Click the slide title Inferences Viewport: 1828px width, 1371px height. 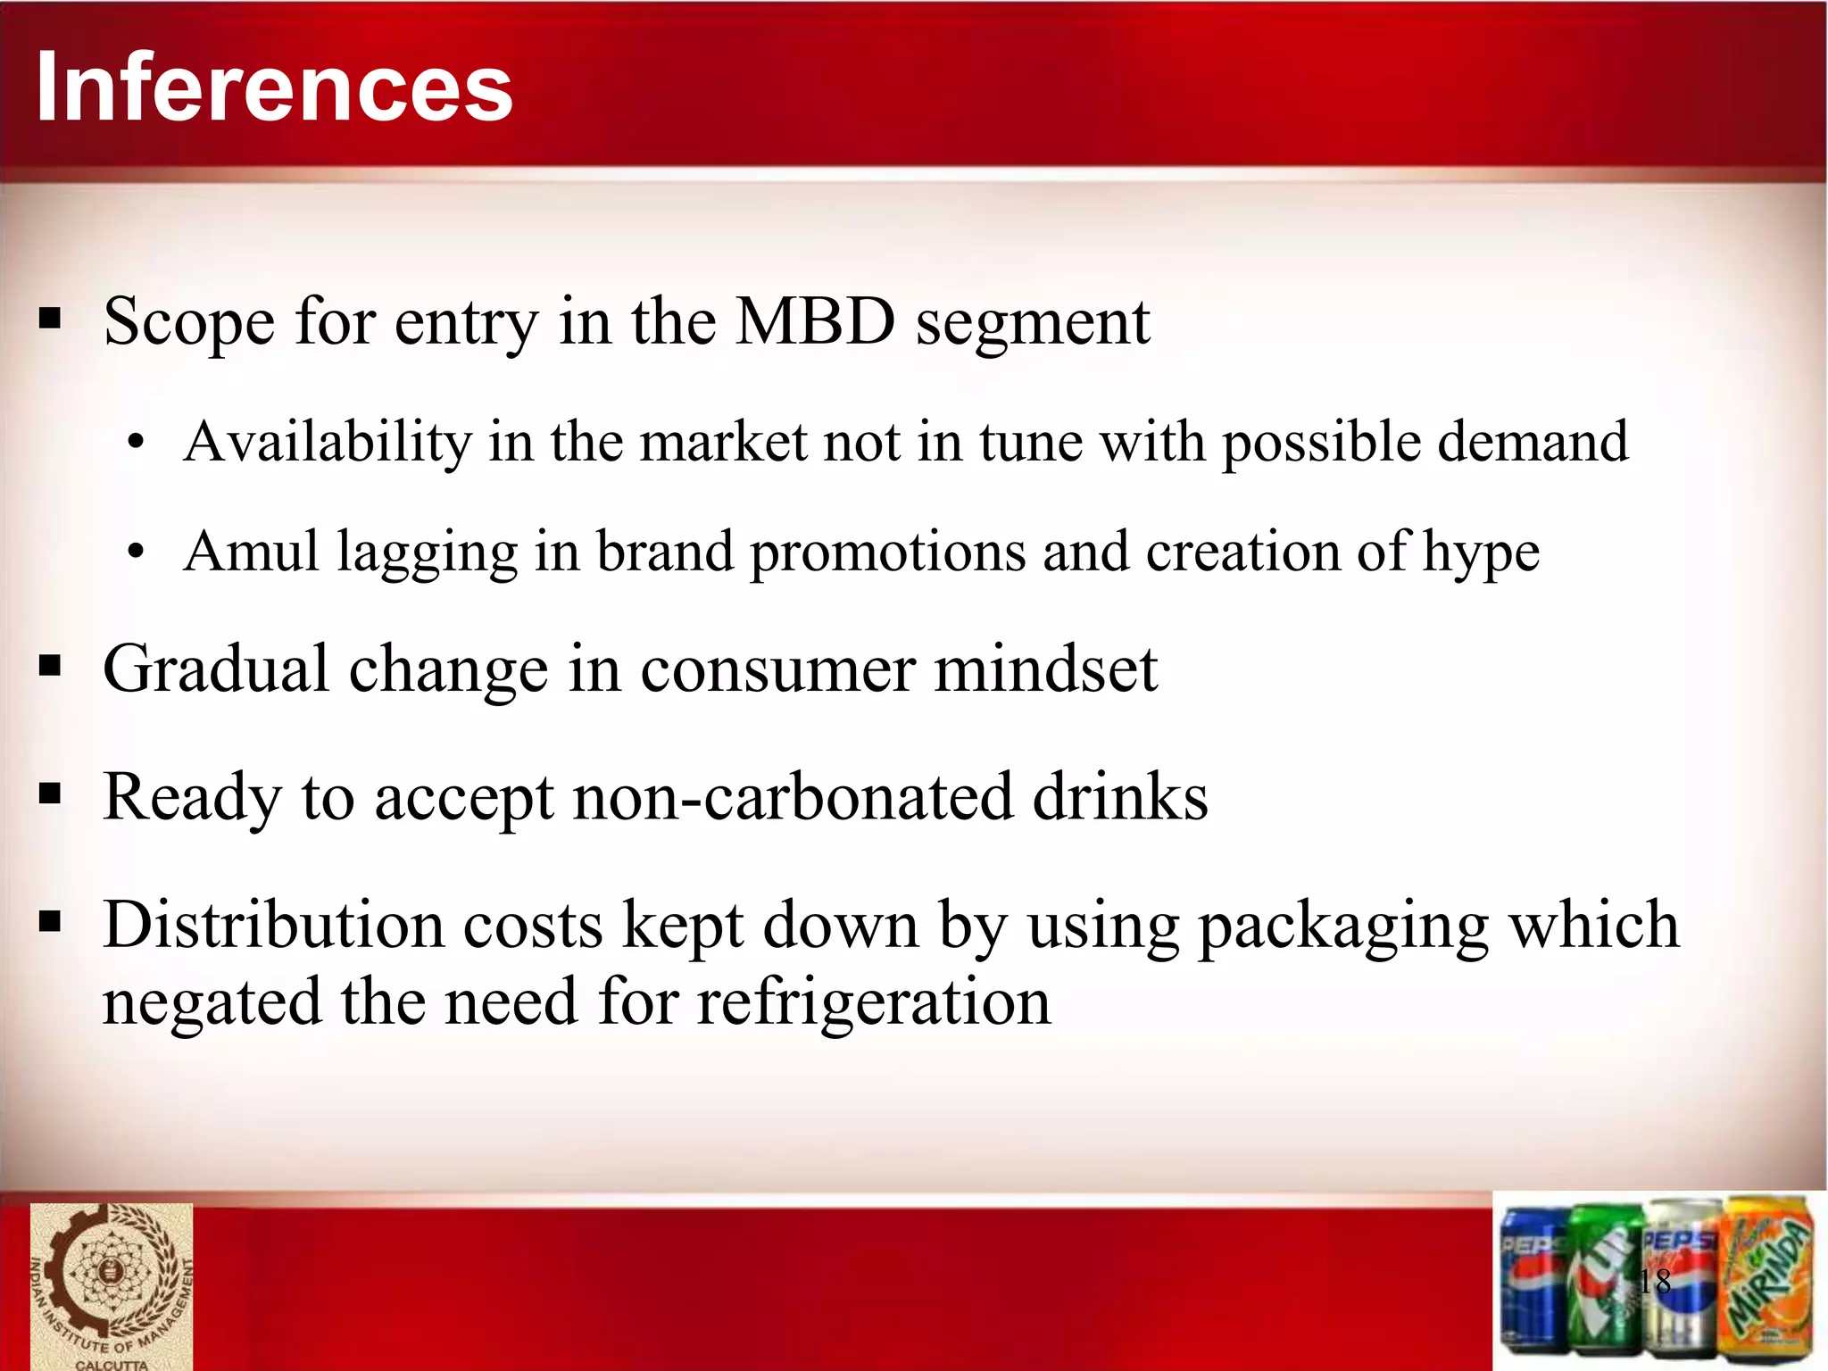(274, 87)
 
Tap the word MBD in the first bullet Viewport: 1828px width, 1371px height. (815, 321)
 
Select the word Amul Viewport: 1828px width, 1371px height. (251, 552)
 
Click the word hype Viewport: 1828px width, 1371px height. (1481, 553)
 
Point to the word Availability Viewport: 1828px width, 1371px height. (327, 442)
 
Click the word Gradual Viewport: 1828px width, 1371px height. (216, 669)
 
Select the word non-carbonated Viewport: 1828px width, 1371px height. (794, 796)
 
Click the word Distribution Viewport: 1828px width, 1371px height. (273, 925)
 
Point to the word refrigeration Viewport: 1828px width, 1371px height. (874, 1002)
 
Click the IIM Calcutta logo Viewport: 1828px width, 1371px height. (112, 1285)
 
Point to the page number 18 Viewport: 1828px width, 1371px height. (1654, 1282)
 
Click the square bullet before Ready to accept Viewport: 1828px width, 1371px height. (51, 794)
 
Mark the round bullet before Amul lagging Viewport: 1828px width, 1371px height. (135, 553)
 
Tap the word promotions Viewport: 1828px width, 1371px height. (887, 553)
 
